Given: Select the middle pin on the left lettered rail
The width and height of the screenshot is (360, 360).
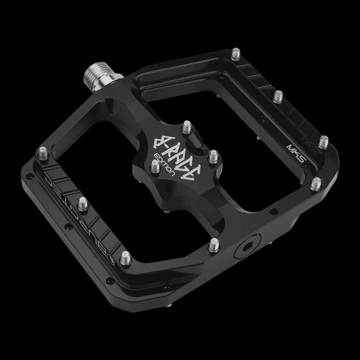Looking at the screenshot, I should click(x=83, y=203).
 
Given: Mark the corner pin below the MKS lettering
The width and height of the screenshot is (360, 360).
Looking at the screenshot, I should click(x=316, y=183).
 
